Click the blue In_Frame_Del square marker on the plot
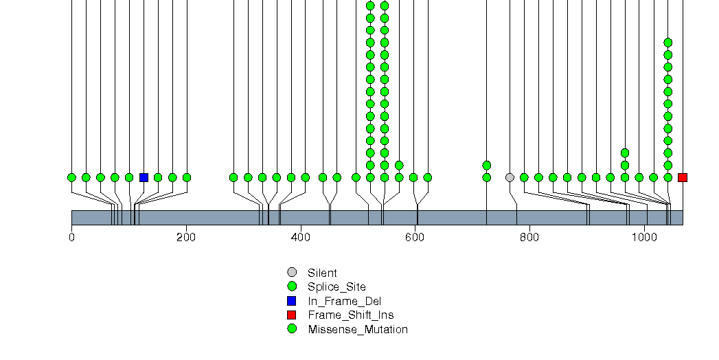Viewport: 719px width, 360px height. [x=144, y=177]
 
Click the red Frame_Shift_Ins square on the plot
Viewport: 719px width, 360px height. [x=682, y=177]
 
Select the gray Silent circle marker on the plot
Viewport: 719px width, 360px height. [x=510, y=177]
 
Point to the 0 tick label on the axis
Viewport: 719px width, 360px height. [x=71, y=237]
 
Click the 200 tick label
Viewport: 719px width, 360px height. [x=186, y=237]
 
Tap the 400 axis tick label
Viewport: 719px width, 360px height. [x=300, y=237]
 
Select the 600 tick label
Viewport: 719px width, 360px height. [x=415, y=237]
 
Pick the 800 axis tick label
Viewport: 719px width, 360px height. [x=529, y=237]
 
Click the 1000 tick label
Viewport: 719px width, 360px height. [x=643, y=237]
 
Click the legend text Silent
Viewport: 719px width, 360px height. [x=322, y=273]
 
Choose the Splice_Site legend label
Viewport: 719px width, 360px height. [x=336, y=286]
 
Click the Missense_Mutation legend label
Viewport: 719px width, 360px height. [x=357, y=329]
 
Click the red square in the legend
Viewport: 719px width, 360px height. [x=292, y=315]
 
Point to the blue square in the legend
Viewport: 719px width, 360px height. [x=292, y=301]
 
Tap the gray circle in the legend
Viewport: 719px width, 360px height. [x=292, y=273]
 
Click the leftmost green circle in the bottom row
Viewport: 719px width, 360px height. [x=71, y=177]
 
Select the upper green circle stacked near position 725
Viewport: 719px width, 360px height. [x=487, y=165]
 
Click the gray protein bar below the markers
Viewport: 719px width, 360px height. [x=377, y=217]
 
